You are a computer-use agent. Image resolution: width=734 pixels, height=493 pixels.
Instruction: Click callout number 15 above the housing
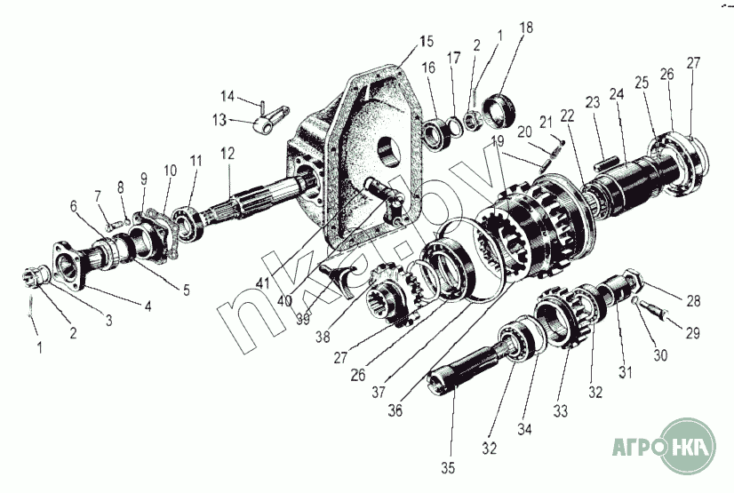pyautogui.click(x=427, y=41)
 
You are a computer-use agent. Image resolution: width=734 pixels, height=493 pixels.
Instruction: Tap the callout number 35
pyautogui.click(x=448, y=468)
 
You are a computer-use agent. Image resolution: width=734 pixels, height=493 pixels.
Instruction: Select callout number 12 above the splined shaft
pyautogui.click(x=227, y=154)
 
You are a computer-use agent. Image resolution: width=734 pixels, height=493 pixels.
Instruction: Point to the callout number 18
pyautogui.click(x=526, y=28)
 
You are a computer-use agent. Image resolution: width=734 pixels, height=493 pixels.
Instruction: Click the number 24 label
pyautogui.click(x=617, y=94)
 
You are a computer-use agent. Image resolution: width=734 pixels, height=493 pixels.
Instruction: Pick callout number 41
pyautogui.click(x=263, y=282)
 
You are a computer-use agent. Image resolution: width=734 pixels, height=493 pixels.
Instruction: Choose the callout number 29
pyautogui.click(x=692, y=333)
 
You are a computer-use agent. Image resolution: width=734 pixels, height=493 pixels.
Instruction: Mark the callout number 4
pyautogui.click(x=148, y=306)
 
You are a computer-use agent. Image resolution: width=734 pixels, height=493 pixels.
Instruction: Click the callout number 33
pyautogui.click(x=561, y=411)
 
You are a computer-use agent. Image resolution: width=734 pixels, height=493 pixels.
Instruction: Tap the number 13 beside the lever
pyautogui.click(x=219, y=120)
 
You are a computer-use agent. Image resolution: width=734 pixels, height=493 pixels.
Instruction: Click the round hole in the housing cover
pyautogui.click(x=388, y=151)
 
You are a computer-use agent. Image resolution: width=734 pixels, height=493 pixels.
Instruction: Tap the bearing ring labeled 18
pyautogui.click(x=499, y=111)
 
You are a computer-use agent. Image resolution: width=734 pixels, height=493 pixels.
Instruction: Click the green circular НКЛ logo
pyautogui.click(x=688, y=446)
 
